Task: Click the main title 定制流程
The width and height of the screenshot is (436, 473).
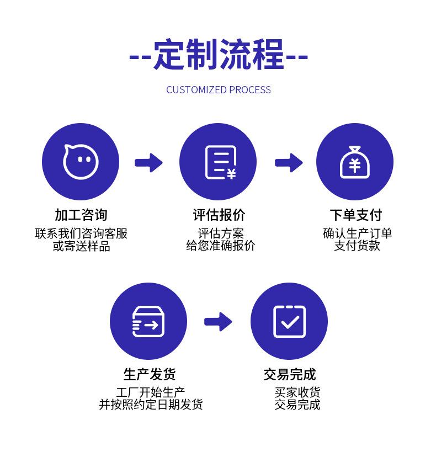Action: [219, 55]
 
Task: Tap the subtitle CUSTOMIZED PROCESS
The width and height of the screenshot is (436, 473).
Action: [219, 90]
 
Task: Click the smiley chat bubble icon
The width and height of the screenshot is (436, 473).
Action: [81, 162]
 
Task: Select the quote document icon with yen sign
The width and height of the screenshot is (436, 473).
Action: [219, 162]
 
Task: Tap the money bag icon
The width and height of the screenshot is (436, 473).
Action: [354, 162]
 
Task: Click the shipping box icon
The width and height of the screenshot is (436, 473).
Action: [148, 321]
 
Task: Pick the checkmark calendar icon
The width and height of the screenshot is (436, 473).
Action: [289, 321]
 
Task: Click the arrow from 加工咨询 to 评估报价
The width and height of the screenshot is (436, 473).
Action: [148, 163]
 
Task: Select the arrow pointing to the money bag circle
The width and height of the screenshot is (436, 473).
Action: [289, 163]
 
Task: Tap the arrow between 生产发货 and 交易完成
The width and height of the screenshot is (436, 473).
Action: [218, 322]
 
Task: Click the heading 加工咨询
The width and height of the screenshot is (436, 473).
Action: [81, 215]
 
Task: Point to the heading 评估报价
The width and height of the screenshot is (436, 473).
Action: [219, 215]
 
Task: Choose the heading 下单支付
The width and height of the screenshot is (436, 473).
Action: [355, 215]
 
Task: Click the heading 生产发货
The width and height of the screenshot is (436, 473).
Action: [150, 375]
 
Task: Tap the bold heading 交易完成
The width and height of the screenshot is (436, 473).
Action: [290, 375]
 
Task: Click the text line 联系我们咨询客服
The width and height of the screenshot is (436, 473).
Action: [81, 233]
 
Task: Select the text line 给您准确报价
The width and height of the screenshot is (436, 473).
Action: [220, 246]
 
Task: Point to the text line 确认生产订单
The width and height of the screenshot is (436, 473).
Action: [357, 233]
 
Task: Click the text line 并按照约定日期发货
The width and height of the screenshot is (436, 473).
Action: [151, 405]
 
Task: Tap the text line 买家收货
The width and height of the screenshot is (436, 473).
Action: [297, 392]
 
